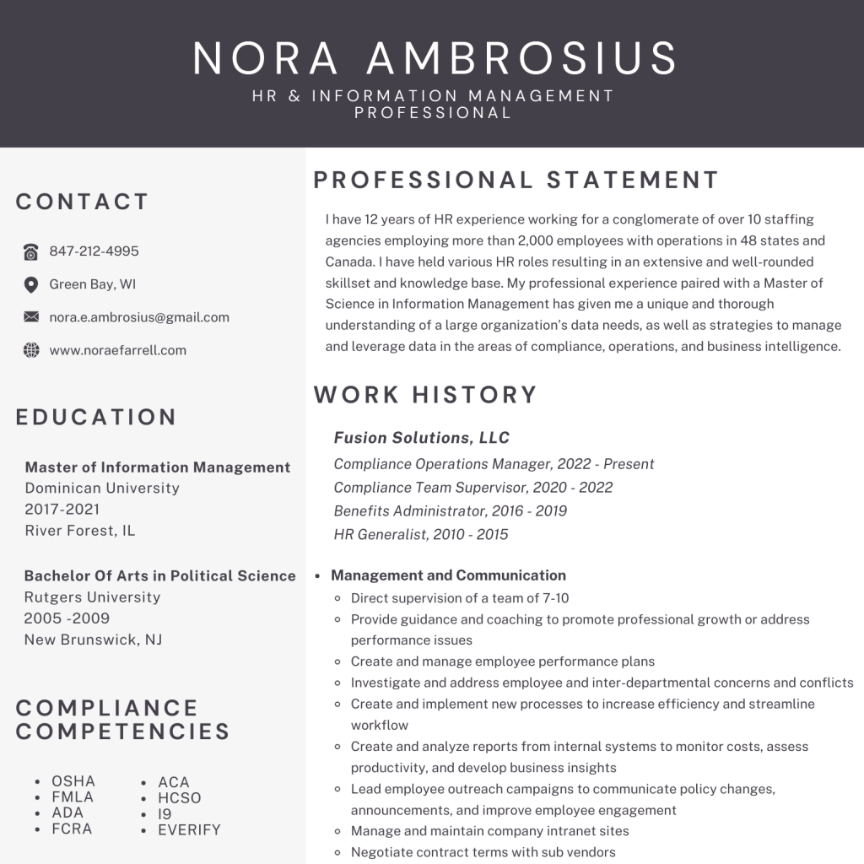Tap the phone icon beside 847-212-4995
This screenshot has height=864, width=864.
(31, 251)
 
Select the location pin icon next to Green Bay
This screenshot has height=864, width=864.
(31, 284)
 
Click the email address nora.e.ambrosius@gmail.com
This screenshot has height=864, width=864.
(139, 317)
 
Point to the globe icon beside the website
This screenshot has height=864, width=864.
(31, 350)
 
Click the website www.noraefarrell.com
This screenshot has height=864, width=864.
(117, 350)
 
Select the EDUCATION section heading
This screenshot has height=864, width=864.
(96, 417)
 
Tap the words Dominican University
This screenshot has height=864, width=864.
(102, 488)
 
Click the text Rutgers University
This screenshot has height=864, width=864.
(92, 597)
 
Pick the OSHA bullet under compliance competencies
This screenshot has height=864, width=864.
(73, 780)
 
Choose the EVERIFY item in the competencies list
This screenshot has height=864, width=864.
(189, 829)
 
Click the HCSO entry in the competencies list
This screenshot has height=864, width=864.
(179, 797)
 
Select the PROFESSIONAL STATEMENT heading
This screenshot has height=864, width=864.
(516, 180)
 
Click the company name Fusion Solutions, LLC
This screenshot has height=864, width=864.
(422, 437)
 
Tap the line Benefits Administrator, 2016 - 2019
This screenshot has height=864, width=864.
(450, 510)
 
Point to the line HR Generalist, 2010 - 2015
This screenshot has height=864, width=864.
(420, 534)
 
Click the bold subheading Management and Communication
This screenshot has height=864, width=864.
(448, 575)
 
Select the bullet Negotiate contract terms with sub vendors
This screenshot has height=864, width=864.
(483, 852)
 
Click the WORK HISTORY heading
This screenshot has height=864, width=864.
(425, 395)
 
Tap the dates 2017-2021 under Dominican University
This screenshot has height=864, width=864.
(62, 509)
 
